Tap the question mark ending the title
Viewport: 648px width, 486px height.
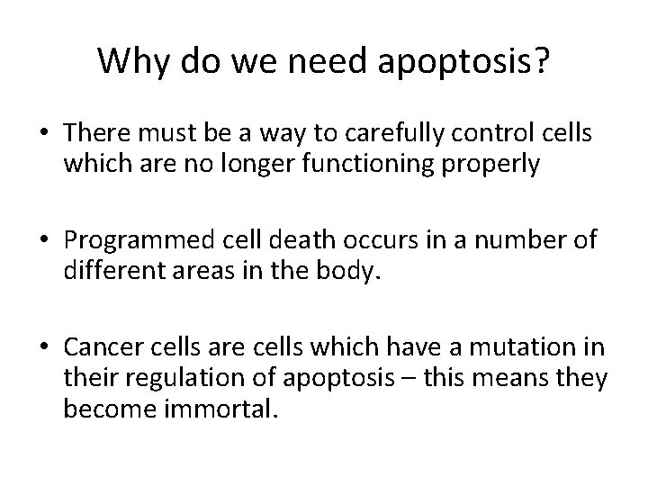point(542,61)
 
